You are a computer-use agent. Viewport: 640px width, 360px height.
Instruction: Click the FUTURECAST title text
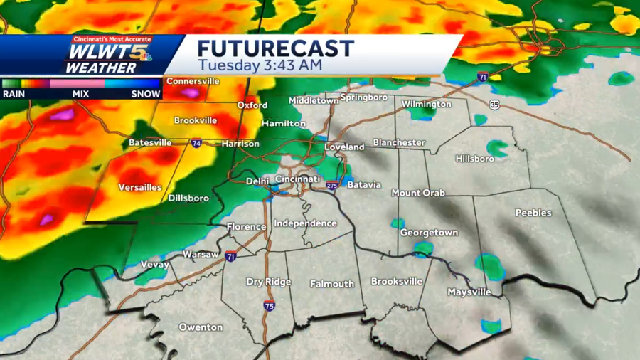pos(275,48)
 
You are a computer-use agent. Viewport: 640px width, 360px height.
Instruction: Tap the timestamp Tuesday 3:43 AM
pos(260,65)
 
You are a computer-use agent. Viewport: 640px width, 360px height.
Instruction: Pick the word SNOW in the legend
pos(145,92)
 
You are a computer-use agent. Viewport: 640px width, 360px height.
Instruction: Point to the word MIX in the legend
pos(80,92)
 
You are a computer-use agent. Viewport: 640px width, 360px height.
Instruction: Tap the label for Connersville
pos(192,81)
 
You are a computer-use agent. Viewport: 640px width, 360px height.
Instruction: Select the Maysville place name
pos(469,292)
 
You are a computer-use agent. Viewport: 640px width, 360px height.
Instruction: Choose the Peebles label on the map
pos(533,213)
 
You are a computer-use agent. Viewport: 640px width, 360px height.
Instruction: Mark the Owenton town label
pos(201,327)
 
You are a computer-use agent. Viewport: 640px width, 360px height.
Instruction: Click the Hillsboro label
pos(474,158)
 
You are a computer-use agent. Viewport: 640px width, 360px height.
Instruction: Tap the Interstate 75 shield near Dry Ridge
pos(269,305)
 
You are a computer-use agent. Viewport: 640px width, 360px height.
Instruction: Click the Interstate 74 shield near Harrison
pos(196,143)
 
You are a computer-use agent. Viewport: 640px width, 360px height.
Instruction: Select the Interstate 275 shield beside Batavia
pos(332,186)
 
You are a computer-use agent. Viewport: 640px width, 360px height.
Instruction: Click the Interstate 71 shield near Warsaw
pos(230,257)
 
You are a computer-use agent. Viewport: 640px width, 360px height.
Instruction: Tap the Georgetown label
pos(429,233)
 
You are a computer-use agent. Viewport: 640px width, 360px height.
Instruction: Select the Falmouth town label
pos(331,284)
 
